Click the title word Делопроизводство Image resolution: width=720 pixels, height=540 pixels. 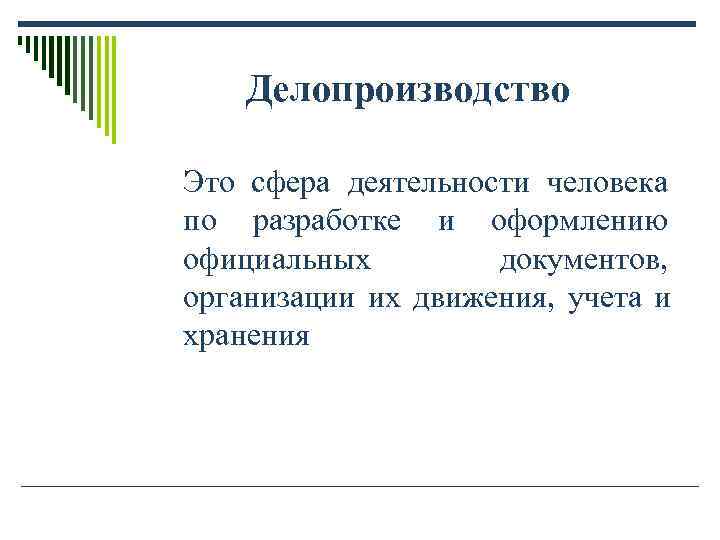click(x=408, y=91)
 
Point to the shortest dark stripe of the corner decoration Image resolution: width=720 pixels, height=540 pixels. click(x=20, y=42)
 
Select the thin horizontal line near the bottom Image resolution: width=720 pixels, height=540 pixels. click(x=360, y=486)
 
